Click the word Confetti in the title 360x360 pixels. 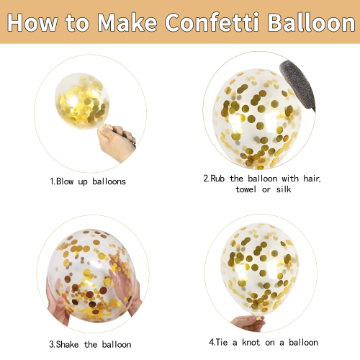(212, 22)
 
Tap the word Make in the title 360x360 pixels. (127, 22)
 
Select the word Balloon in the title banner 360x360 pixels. (312, 22)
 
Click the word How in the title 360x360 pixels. (32, 22)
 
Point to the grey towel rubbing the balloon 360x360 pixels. (297, 85)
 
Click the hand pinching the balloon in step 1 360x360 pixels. (117, 142)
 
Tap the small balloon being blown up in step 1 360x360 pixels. (82, 101)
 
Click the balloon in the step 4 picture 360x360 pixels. (260, 269)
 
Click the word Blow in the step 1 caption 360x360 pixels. (65, 181)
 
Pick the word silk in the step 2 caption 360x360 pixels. (284, 189)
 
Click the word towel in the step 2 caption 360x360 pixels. (246, 189)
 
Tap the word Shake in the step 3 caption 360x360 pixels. (67, 344)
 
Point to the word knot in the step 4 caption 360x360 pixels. (251, 342)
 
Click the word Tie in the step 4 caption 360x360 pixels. (222, 342)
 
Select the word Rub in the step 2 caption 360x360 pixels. (217, 179)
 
